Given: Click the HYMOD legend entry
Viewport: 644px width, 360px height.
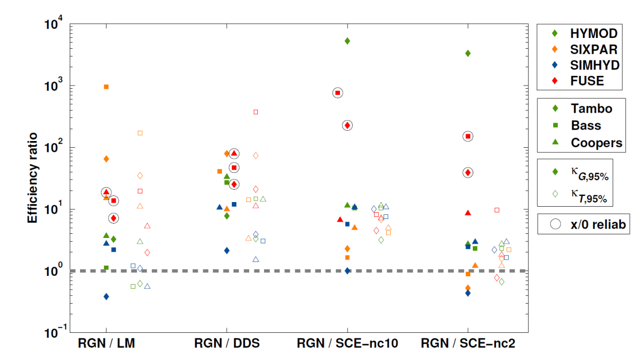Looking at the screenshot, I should [x=594, y=34].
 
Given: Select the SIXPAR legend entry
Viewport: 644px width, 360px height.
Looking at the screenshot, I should [x=594, y=49].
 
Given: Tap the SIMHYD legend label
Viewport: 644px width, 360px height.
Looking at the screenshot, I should [x=595, y=65].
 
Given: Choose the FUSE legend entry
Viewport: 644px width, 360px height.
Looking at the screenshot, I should [x=587, y=81].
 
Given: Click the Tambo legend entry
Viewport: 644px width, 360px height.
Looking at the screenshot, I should [x=591, y=109].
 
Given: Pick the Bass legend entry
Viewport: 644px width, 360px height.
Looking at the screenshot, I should [x=586, y=125].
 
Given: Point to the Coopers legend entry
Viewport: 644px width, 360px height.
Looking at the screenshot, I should [x=596, y=143].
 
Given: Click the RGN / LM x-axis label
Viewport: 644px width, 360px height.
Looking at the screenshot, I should [x=106, y=344].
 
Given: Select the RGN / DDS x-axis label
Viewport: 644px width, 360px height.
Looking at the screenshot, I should [x=227, y=344].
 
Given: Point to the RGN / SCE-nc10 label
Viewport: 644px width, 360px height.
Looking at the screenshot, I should [x=347, y=344].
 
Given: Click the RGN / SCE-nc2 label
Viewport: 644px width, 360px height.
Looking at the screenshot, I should [x=468, y=344].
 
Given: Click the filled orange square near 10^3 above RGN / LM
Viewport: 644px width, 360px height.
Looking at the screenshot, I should [x=106, y=87].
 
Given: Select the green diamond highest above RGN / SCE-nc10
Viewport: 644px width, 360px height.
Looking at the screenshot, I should [x=347, y=41].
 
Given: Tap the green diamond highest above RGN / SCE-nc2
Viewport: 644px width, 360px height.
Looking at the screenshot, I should [x=468, y=53].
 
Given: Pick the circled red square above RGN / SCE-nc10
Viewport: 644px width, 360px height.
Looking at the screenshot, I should [x=337, y=93].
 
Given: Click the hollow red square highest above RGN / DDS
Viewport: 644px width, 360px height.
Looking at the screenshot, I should [x=256, y=112].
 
